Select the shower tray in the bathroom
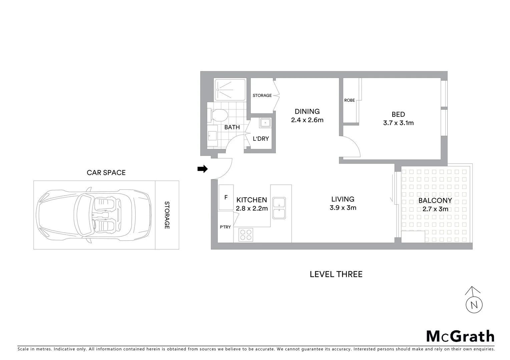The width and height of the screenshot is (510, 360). [230, 89]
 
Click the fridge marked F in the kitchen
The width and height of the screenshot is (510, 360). [226, 197]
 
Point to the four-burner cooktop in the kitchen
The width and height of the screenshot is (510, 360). [246, 235]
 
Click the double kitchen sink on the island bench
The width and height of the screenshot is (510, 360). [279, 208]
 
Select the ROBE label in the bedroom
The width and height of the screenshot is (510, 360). [350, 100]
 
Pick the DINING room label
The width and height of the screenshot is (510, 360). [307, 112]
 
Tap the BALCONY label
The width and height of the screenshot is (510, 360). [435, 201]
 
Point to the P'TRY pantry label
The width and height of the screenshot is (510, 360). [225, 227]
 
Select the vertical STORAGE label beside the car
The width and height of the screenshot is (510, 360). [167, 215]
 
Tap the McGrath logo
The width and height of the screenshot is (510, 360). [460, 336]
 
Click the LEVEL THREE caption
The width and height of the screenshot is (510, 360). [336, 274]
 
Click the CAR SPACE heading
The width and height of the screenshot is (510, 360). [106, 173]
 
